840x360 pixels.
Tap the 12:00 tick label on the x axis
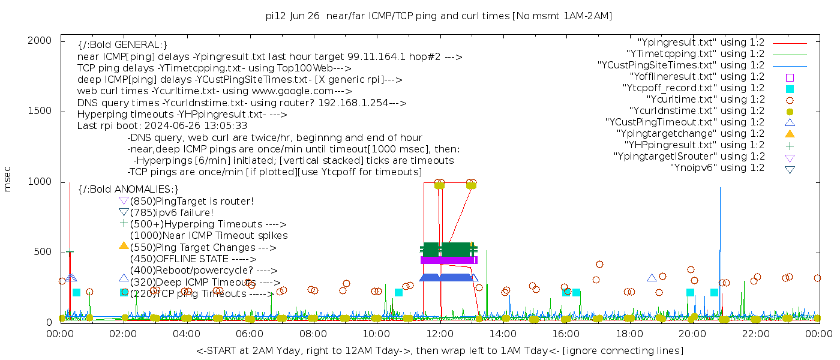[440, 334]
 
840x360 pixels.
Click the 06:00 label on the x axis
[250, 334]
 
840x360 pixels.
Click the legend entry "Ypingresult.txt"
[701, 43]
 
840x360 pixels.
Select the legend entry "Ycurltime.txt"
[705, 100]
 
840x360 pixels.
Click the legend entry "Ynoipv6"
[717, 168]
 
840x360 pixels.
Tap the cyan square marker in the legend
[790, 89]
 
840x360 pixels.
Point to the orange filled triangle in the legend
[790, 134]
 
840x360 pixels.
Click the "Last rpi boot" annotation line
[162, 126]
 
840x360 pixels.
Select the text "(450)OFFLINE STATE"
[179, 259]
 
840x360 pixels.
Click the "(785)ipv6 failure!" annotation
[172, 213]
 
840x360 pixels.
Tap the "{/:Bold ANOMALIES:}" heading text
[128, 190]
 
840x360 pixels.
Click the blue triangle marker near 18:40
[652, 278]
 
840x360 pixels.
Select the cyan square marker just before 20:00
[690, 292]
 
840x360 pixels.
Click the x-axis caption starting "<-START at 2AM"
[439, 350]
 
